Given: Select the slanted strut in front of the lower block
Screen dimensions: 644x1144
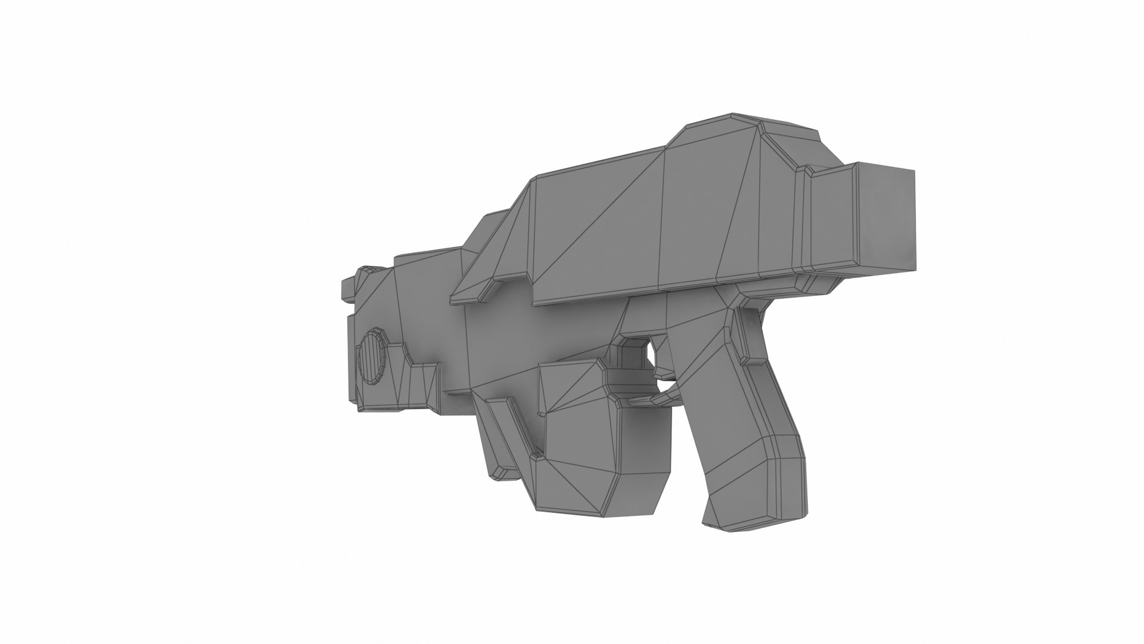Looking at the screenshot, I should [506, 435].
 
